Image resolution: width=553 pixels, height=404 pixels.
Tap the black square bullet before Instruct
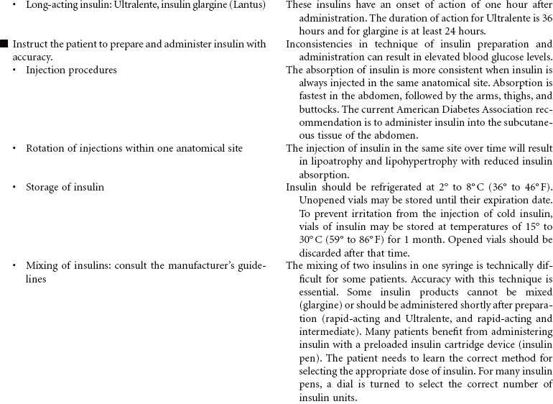(4, 45)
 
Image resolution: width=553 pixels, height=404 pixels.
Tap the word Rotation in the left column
(47, 148)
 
